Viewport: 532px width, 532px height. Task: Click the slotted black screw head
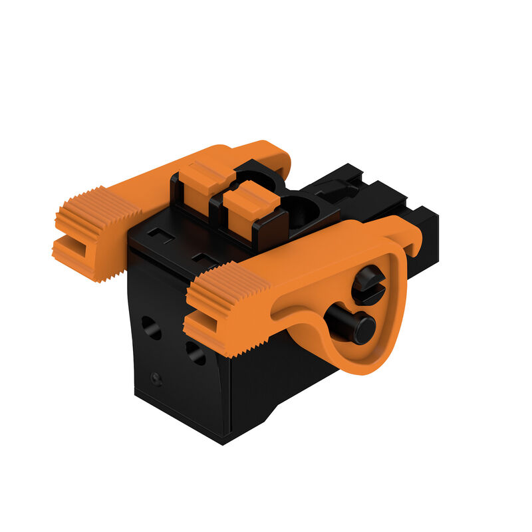click(x=366, y=284)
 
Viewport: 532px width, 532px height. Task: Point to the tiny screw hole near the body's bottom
click(x=156, y=378)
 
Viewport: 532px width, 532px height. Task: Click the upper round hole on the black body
click(x=151, y=327)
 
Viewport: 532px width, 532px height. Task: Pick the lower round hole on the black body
click(x=195, y=352)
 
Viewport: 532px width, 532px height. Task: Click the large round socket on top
click(x=303, y=211)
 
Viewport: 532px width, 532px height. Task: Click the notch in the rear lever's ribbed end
click(x=69, y=239)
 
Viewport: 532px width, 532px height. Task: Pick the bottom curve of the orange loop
click(x=369, y=364)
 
